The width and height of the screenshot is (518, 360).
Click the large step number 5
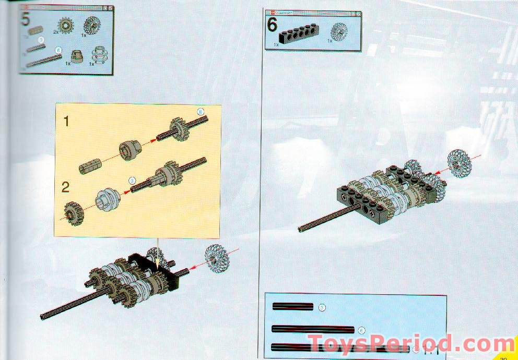25,20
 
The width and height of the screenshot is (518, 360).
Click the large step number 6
272,26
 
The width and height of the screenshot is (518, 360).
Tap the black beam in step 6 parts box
300,35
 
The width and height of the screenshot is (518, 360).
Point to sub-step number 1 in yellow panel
66,122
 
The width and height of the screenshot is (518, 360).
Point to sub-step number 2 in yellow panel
66,186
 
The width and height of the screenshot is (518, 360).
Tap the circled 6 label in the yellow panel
201,112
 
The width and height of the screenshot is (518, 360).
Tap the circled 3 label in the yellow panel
133,181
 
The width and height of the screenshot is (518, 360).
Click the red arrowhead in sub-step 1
156,140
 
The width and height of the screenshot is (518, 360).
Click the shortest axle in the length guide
292,307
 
